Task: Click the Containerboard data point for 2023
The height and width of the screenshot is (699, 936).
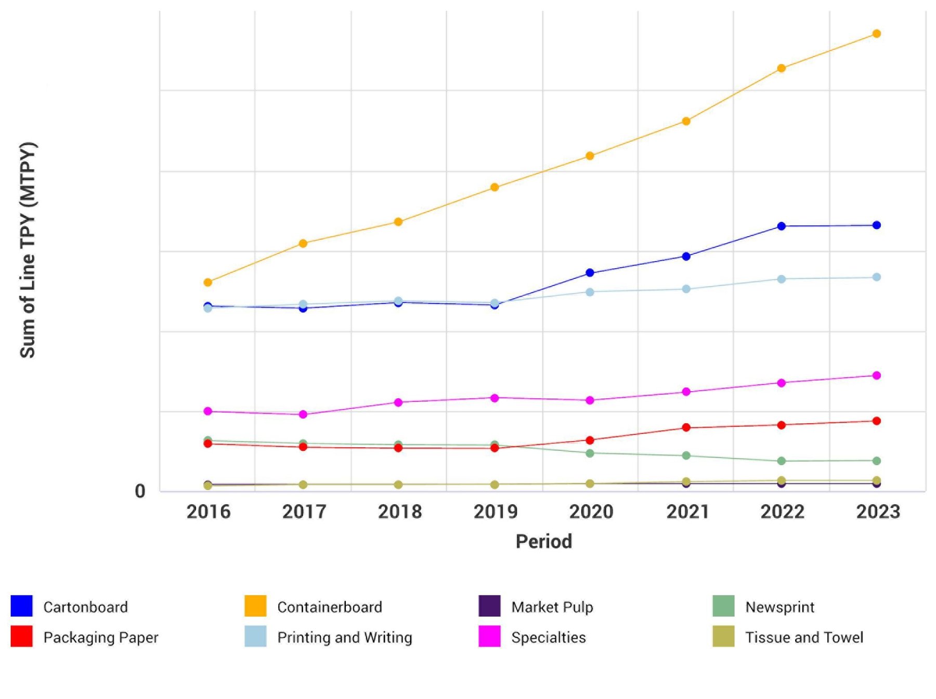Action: point(876,34)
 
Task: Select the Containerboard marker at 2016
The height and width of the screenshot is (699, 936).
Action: point(208,282)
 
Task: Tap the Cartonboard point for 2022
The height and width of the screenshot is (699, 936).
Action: point(781,226)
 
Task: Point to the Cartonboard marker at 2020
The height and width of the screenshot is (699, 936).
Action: point(590,273)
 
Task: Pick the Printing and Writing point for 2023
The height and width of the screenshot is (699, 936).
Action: point(876,277)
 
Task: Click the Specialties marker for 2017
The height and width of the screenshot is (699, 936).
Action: point(303,415)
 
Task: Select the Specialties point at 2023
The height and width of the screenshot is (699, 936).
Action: point(876,376)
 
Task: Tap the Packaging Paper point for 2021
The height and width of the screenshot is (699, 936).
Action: point(686,428)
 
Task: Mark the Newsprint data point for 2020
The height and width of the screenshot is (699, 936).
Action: point(590,454)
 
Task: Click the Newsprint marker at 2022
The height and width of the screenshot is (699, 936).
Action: point(781,461)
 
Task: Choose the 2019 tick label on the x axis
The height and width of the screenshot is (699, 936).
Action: point(495,512)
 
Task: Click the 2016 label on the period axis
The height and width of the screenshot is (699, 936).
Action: point(208,512)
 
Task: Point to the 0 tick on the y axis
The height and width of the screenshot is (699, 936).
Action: point(140,491)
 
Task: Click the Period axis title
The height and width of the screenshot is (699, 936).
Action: point(543,541)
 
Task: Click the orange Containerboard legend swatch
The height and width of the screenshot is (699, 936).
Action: point(255,606)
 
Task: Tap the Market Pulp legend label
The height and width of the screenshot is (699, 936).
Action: point(552,607)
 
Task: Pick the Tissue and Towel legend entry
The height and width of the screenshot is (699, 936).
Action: point(803,637)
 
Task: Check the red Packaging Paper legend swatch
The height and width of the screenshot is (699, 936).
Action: point(21,636)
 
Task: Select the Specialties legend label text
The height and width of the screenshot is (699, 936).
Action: point(548,637)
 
